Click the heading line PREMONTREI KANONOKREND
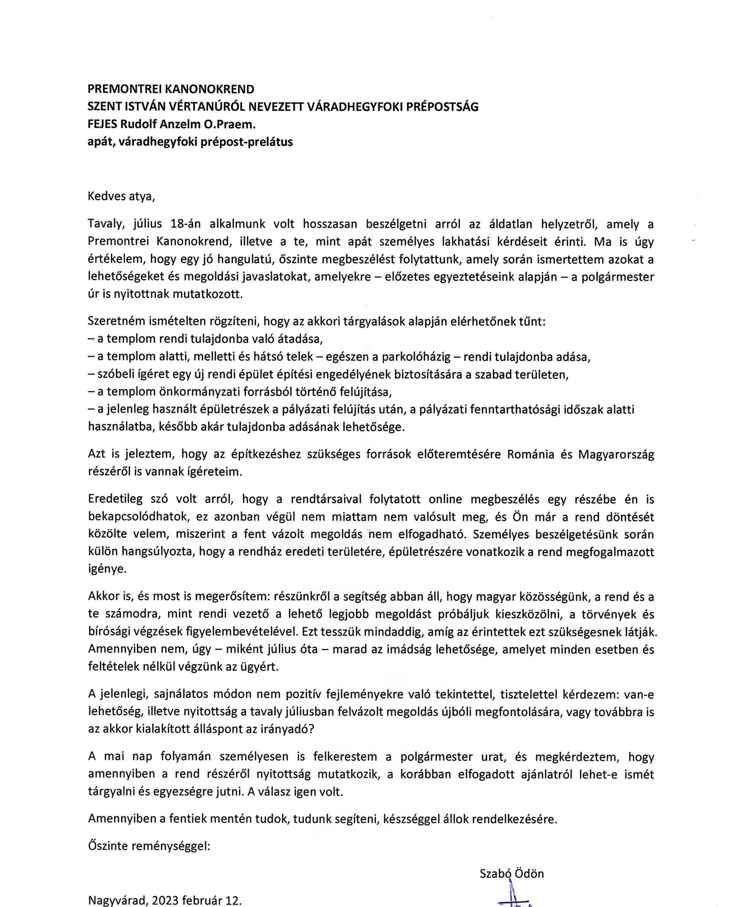(171, 89)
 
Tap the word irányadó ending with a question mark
(288, 729)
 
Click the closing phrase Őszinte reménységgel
(149, 846)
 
